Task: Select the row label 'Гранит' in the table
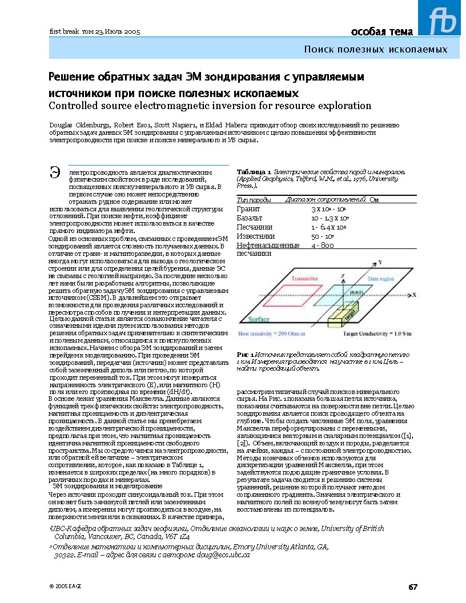tap(248, 210)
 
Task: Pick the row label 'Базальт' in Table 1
tap(250, 218)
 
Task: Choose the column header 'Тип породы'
tap(254, 200)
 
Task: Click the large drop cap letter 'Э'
tap(56, 172)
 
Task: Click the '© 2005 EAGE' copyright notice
tap(66, 586)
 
